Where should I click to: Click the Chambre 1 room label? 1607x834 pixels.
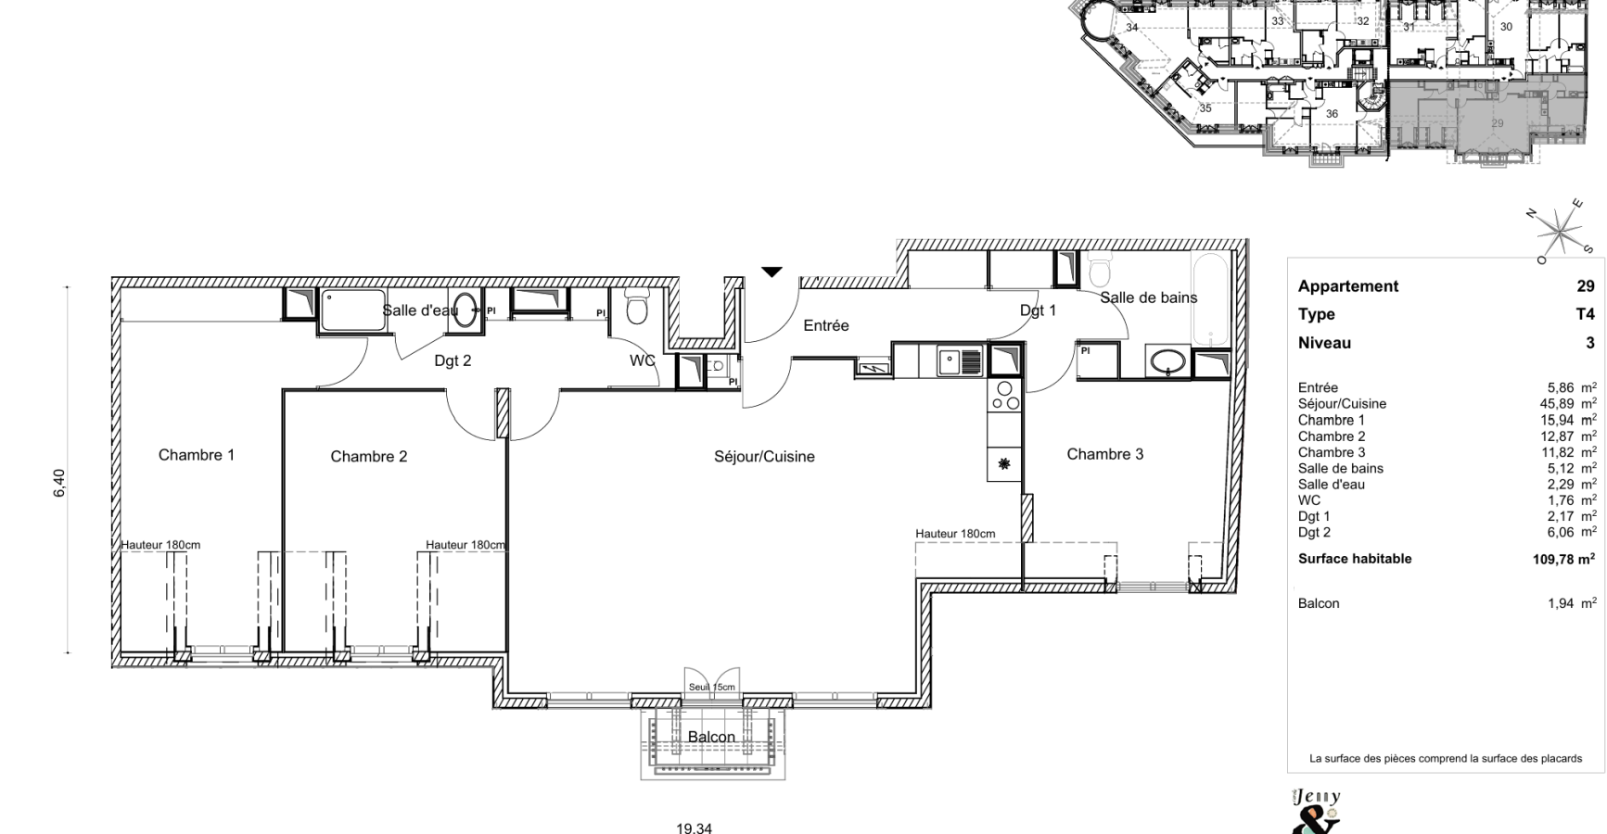[197, 455]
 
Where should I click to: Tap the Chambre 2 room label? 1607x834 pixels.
[369, 456]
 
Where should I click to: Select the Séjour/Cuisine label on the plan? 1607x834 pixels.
[764, 456]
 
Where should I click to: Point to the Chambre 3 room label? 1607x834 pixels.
[1104, 454]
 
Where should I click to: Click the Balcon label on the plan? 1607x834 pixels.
[711, 737]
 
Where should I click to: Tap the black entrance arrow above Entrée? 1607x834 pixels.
[772, 272]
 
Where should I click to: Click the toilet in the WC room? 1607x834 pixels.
[636, 306]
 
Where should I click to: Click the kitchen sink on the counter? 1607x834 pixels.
[960, 360]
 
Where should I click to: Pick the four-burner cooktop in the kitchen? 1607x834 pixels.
[1005, 396]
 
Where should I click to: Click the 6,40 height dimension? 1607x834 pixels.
[59, 483]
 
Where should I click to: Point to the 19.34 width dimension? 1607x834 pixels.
[694, 828]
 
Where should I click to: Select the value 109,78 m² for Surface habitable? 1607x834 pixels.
[1564, 559]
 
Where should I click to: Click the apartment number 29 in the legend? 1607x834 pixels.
[1586, 286]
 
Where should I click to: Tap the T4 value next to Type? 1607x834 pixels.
[1586, 314]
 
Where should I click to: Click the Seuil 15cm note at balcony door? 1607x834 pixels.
[711, 688]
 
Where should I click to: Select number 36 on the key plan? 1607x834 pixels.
[1332, 114]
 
